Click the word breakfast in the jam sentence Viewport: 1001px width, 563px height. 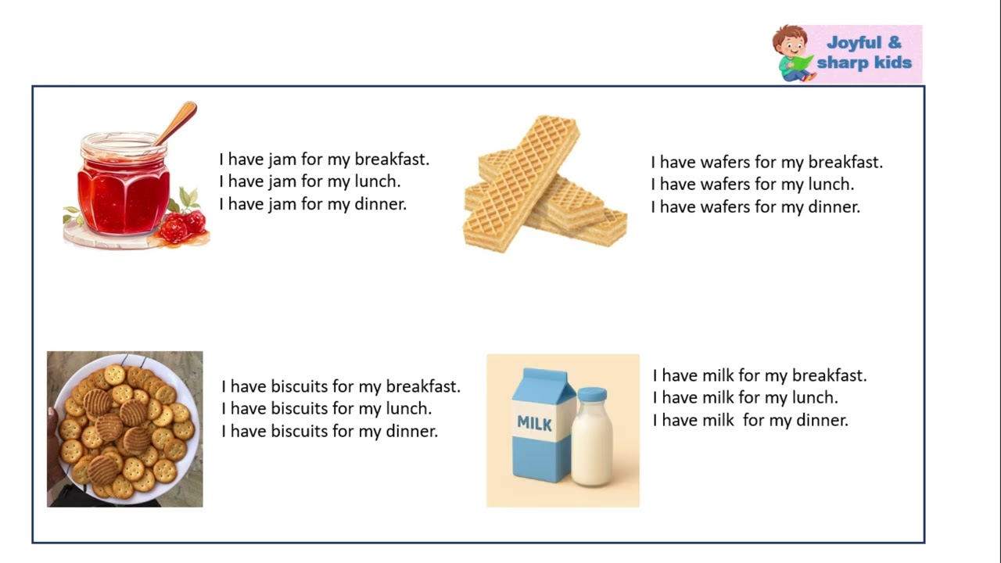392,160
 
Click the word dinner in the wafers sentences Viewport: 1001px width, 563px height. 834,207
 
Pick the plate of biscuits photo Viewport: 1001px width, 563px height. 125,429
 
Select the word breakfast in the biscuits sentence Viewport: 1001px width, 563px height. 423,386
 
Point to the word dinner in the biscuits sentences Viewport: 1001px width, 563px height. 412,431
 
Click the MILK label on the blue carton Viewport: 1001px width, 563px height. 534,424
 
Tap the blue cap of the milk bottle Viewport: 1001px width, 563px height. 592,395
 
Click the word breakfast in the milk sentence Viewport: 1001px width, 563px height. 830,375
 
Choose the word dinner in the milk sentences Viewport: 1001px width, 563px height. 823,421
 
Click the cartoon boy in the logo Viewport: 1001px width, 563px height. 793,54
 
